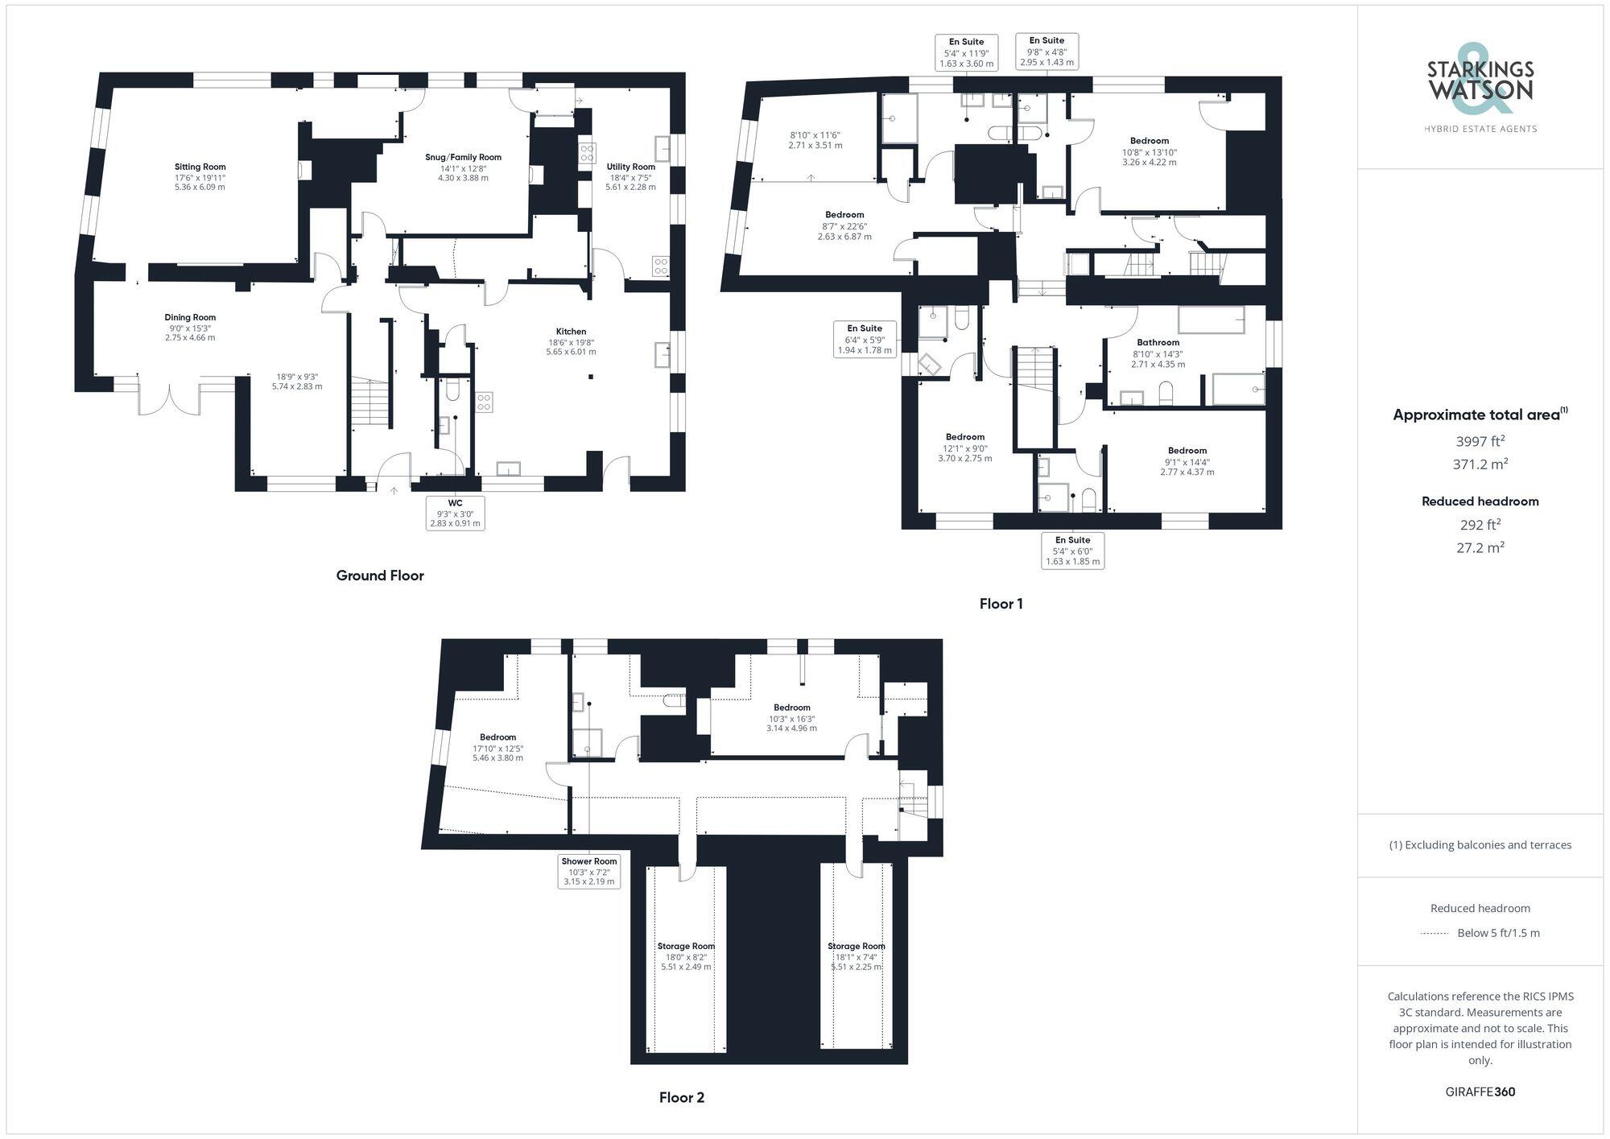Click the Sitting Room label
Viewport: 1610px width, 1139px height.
(x=200, y=167)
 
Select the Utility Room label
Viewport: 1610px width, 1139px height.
(x=630, y=167)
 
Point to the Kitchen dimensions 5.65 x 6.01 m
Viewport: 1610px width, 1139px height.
(x=571, y=352)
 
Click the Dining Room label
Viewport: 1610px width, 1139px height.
(x=190, y=317)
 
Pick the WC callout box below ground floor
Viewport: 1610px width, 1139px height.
(x=455, y=513)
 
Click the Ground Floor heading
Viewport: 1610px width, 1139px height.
(x=380, y=576)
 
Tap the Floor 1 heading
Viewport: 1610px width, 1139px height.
(x=1001, y=604)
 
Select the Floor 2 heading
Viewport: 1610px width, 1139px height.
(x=681, y=1097)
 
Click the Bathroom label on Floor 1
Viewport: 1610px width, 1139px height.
(x=1158, y=343)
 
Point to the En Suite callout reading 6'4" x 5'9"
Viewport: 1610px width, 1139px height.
(x=865, y=339)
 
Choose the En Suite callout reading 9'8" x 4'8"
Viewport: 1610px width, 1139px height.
(x=1046, y=51)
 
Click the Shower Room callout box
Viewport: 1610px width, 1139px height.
(x=589, y=871)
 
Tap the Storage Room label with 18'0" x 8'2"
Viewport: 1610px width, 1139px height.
(x=686, y=947)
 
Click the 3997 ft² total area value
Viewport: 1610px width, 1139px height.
(x=1480, y=441)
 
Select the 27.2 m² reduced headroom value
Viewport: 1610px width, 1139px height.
(x=1480, y=547)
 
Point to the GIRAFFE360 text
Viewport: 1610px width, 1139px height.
(x=1480, y=1092)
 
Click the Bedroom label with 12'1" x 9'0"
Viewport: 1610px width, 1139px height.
(x=964, y=437)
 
